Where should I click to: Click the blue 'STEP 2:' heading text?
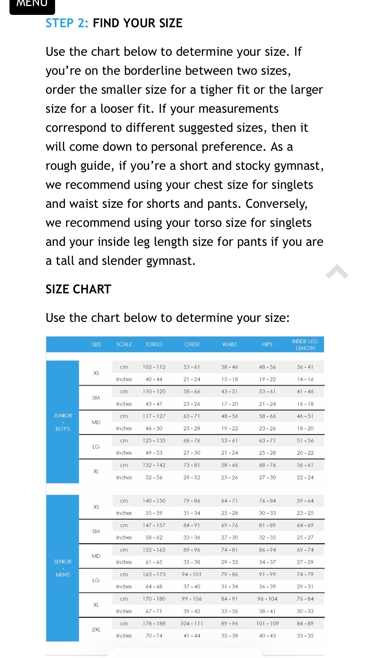tap(67, 23)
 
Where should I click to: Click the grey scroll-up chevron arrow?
tap(337, 272)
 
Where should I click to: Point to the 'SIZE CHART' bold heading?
tap(78, 289)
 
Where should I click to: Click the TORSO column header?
tap(154, 344)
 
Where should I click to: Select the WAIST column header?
tap(229, 344)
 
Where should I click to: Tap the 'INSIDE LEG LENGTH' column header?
tap(305, 345)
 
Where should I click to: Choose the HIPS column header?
tap(267, 344)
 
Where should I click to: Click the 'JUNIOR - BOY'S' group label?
tap(63, 422)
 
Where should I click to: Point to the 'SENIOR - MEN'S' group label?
tap(63, 568)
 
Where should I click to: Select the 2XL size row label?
tap(96, 629)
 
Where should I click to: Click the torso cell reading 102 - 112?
tap(154, 367)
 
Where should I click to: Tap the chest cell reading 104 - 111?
tap(192, 623)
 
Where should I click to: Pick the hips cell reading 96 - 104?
tap(267, 599)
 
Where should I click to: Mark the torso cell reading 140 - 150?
tap(154, 501)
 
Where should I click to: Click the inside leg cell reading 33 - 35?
tap(305, 636)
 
